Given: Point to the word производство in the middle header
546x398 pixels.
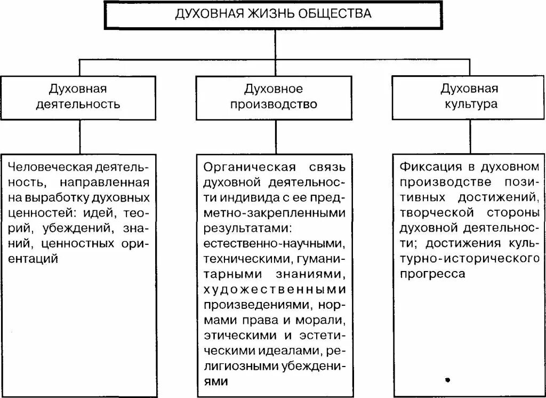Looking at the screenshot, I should coord(274,104).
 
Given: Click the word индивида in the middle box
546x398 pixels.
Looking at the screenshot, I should coord(250,198).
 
